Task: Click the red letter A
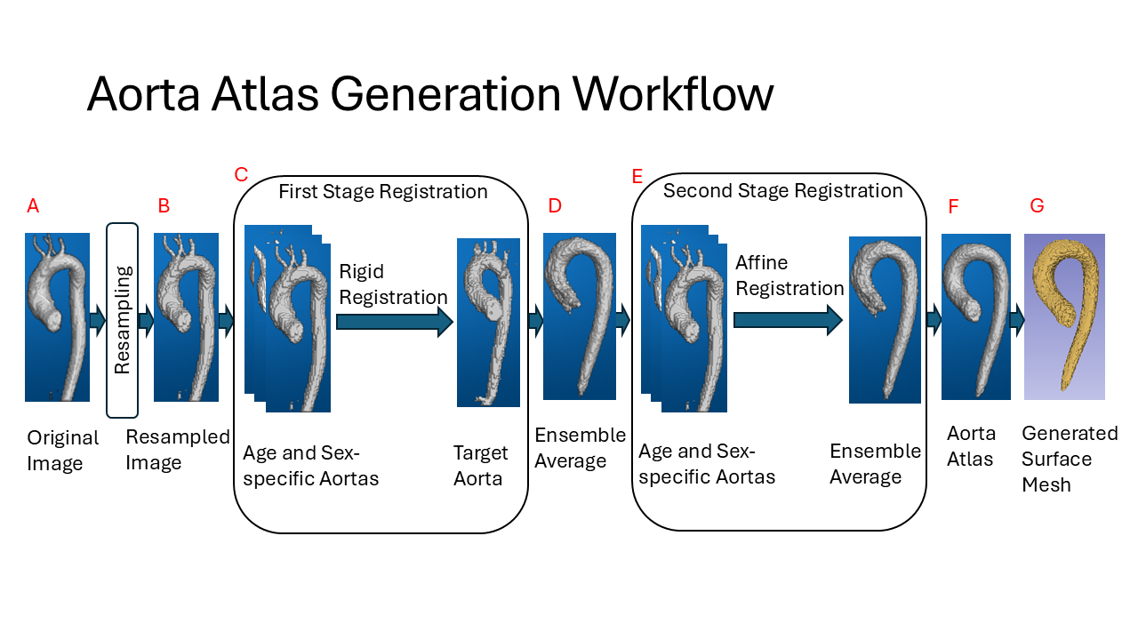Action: [33, 206]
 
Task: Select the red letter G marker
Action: [1037, 206]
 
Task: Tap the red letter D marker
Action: [555, 206]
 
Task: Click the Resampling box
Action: [122, 320]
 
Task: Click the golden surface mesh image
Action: [1064, 316]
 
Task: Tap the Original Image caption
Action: [62, 450]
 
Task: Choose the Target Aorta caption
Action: [481, 466]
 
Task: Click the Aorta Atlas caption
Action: [971, 446]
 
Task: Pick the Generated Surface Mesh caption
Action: [1070, 459]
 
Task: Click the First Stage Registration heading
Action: [383, 192]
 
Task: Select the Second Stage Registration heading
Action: [782, 190]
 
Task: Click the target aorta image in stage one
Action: [488, 322]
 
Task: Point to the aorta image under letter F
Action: [975, 316]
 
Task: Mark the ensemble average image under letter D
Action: [579, 316]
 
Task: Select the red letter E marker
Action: [637, 176]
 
